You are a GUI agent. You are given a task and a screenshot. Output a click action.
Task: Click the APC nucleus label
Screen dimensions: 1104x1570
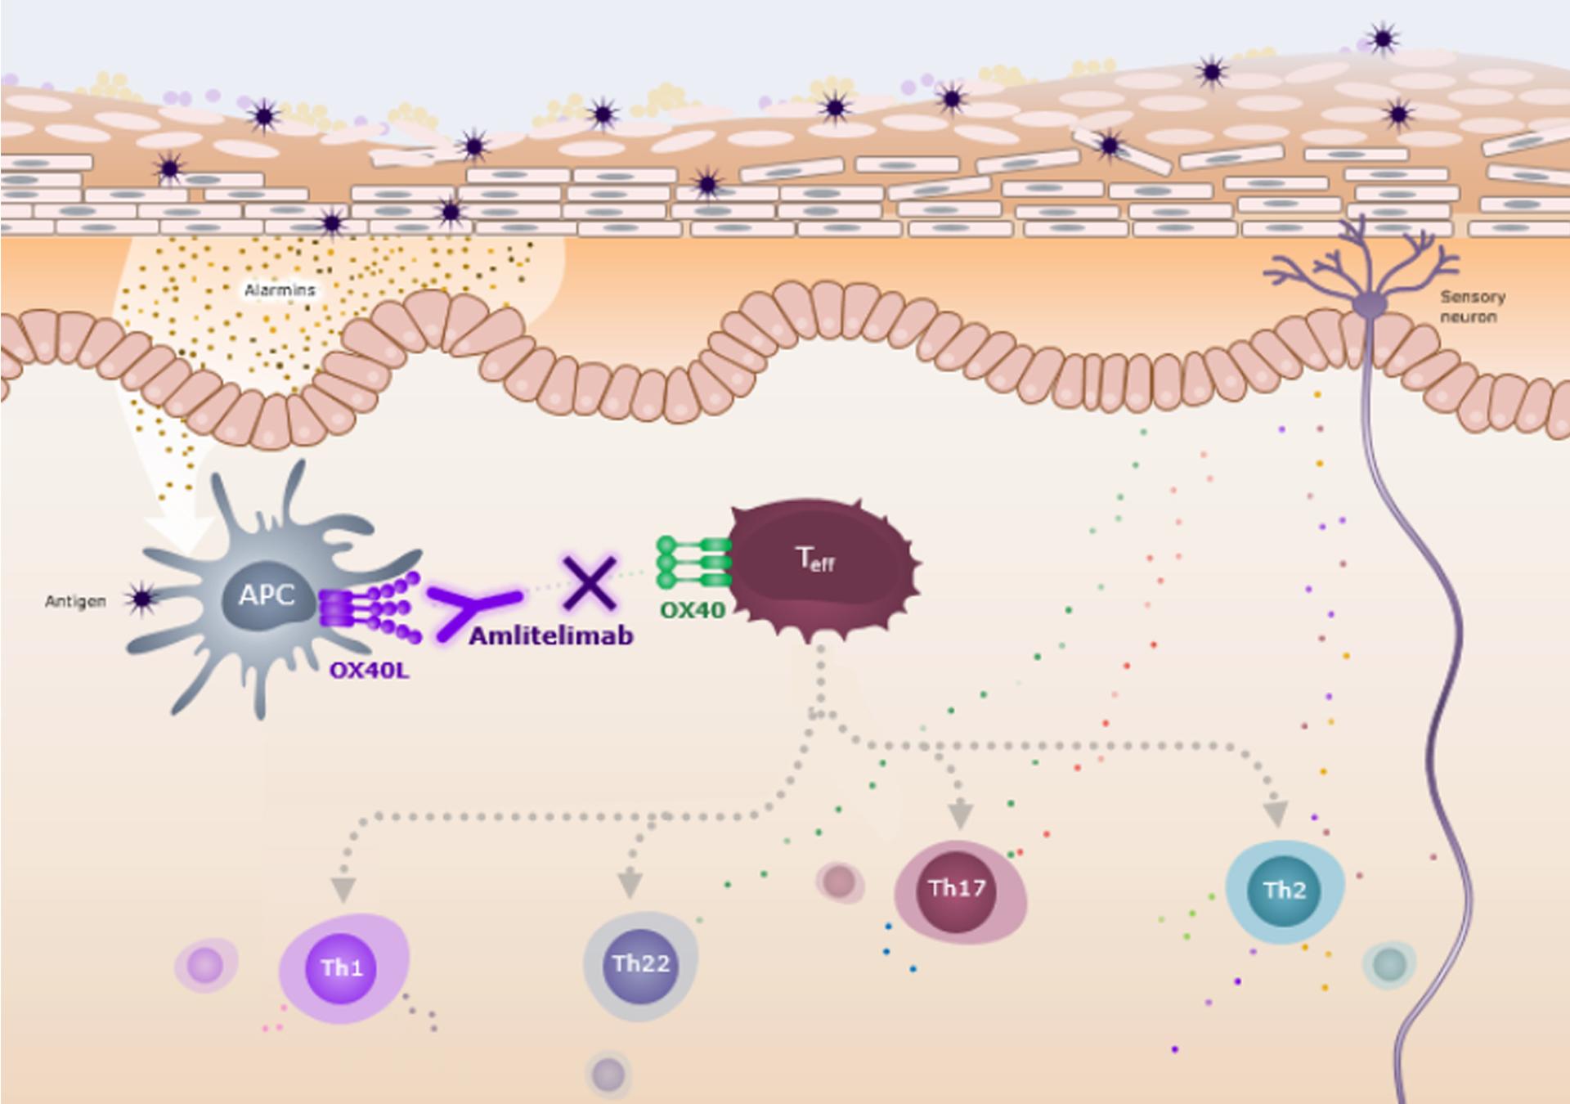pos(267,595)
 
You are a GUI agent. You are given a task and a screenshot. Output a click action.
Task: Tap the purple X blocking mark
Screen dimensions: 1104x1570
pos(590,583)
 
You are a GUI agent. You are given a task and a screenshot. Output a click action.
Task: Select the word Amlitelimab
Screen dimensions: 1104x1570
pos(551,635)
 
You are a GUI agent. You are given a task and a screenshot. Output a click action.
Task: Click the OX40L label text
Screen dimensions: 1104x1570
pos(370,671)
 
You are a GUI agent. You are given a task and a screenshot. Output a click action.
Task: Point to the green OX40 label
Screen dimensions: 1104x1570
pos(693,609)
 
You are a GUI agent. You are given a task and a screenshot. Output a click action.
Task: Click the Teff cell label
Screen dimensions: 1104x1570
pos(815,559)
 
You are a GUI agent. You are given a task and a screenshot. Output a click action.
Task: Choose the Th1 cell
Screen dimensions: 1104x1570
pos(342,968)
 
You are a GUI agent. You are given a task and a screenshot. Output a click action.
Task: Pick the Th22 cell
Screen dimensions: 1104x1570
pos(641,964)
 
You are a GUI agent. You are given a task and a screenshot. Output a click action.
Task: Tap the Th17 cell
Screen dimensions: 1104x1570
pos(957,889)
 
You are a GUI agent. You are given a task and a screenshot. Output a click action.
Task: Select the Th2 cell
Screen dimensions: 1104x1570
pos(1284,891)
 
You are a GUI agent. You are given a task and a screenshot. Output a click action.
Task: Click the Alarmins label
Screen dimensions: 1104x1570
pos(280,290)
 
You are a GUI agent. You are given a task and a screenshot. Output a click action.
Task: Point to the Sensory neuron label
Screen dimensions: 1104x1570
pos(1472,307)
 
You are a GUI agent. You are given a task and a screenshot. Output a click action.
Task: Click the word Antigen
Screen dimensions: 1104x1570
pos(75,602)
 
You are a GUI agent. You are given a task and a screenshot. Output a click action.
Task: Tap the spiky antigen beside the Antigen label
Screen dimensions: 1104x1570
pos(143,599)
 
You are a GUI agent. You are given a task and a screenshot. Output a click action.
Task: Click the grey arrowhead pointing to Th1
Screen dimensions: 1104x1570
pos(343,890)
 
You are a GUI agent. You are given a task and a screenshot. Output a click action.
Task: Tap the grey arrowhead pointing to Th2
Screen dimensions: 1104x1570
pos(1276,815)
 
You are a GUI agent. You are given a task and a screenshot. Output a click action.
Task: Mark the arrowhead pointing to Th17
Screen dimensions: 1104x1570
pos(960,815)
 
